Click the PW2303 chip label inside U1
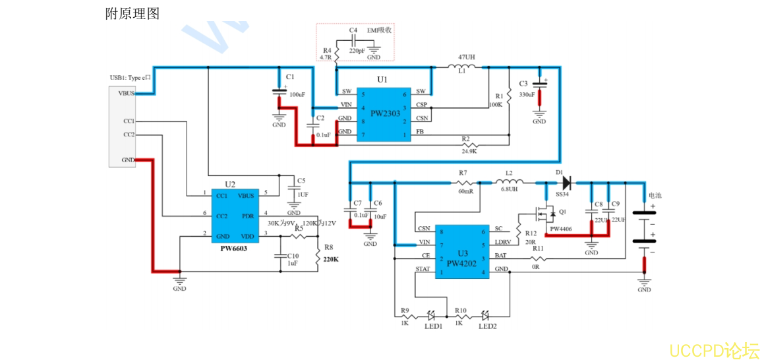[x=385, y=113]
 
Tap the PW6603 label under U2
[x=233, y=249]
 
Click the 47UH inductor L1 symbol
[x=465, y=67]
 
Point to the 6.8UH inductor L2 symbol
[x=509, y=182]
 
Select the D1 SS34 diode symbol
[x=566, y=182]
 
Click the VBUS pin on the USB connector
[x=126, y=94]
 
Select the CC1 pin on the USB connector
[x=129, y=121]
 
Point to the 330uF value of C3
[x=527, y=94]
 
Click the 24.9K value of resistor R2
[x=469, y=151]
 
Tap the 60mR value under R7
[x=465, y=191]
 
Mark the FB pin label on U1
[x=420, y=132]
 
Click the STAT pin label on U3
[x=423, y=269]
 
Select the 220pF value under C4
[x=357, y=51]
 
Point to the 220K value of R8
[x=331, y=259]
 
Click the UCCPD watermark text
[x=715, y=349]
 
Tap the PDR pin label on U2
[x=248, y=215]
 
